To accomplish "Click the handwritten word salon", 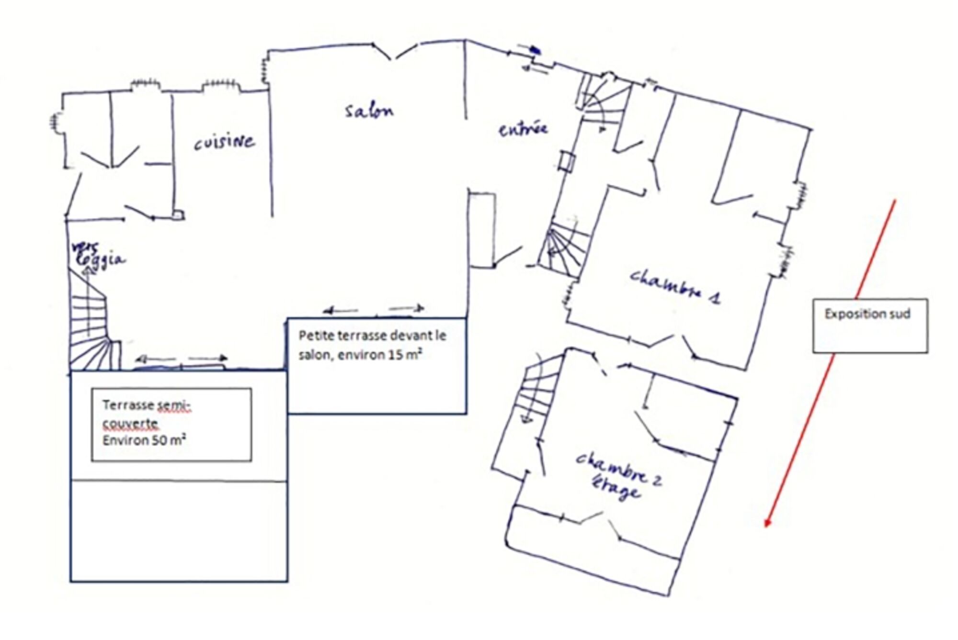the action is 369,111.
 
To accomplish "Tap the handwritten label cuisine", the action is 224,142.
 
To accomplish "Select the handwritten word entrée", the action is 523,129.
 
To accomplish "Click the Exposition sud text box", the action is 870,326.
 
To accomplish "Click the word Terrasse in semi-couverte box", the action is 128,405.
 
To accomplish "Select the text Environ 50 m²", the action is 144,440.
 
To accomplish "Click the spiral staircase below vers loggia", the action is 91,321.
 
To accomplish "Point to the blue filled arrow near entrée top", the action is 535,48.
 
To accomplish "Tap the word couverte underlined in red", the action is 130,424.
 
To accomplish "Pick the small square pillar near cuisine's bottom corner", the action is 179,215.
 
